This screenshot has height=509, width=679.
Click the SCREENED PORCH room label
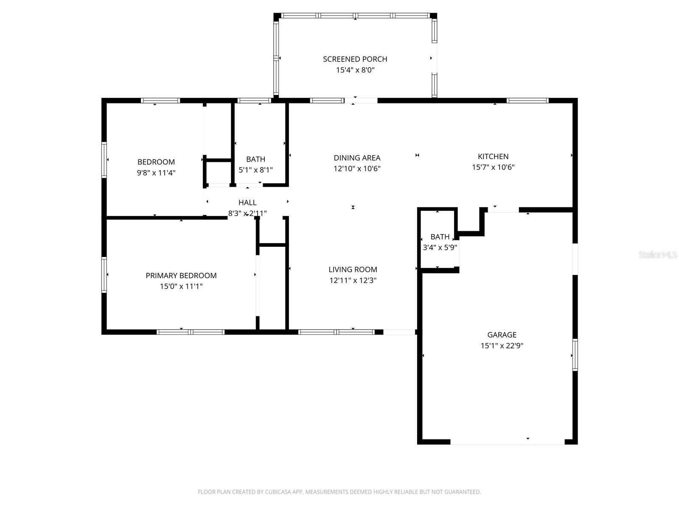coord(355,59)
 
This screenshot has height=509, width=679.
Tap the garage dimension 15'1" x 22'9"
coord(502,346)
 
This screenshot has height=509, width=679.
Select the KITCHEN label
coord(493,157)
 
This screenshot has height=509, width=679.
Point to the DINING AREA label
coord(357,158)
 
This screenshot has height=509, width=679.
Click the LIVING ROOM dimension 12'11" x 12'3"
coord(353,280)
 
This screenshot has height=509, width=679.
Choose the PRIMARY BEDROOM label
coord(181,276)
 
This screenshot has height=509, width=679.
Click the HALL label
coord(247,203)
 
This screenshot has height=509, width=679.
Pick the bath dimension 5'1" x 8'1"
coord(255,170)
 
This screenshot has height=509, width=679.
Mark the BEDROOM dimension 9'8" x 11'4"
coord(156,173)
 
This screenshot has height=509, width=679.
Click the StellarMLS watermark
coord(658,255)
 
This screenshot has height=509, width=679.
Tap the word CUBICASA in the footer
coord(279,492)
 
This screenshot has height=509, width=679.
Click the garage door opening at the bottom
coord(507,442)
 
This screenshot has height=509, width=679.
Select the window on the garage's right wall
coord(575,355)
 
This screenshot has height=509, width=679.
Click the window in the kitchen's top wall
coord(527,101)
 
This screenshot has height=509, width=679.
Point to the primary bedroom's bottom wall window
coord(191,332)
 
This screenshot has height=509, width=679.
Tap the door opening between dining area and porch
coord(361,101)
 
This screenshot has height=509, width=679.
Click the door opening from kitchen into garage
coord(503,210)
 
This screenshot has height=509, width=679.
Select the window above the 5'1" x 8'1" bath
coord(254,101)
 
